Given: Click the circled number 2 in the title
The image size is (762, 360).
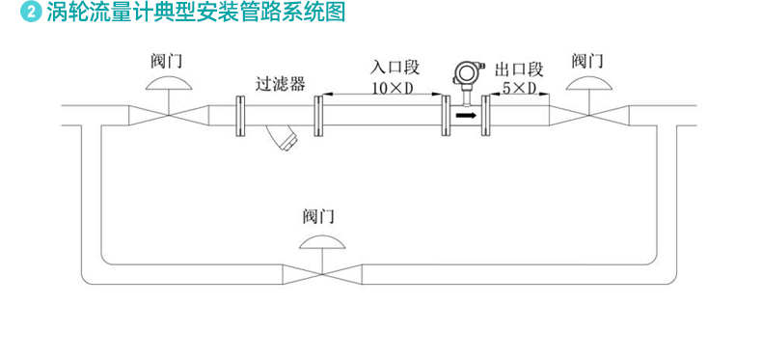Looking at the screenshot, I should [31, 13].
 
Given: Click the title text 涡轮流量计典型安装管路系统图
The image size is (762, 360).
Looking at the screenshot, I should [193, 13].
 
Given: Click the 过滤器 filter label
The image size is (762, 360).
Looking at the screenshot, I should [281, 83].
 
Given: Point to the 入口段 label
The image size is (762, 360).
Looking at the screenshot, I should [395, 69].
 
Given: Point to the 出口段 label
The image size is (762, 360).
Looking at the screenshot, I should [520, 69].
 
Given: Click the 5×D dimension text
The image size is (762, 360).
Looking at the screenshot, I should [520, 89].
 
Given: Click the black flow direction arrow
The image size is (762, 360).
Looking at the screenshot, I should [466, 115].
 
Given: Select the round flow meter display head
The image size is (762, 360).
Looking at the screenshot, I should [467, 74].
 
